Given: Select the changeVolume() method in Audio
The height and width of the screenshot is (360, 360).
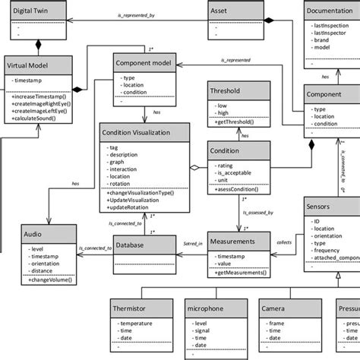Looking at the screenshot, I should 46,280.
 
